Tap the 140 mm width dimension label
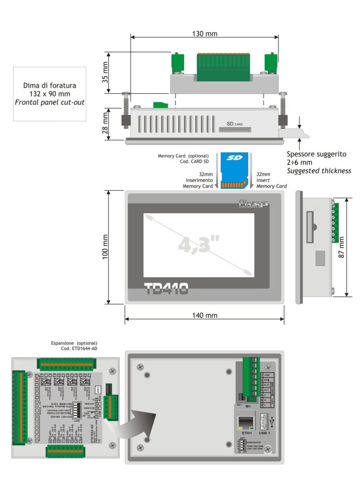click(x=204, y=315)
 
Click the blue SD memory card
click(x=233, y=171)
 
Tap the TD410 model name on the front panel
click(x=166, y=288)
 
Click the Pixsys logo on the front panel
click(x=254, y=202)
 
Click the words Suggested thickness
click(x=319, y=171)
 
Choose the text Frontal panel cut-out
click(x=50, y=102)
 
